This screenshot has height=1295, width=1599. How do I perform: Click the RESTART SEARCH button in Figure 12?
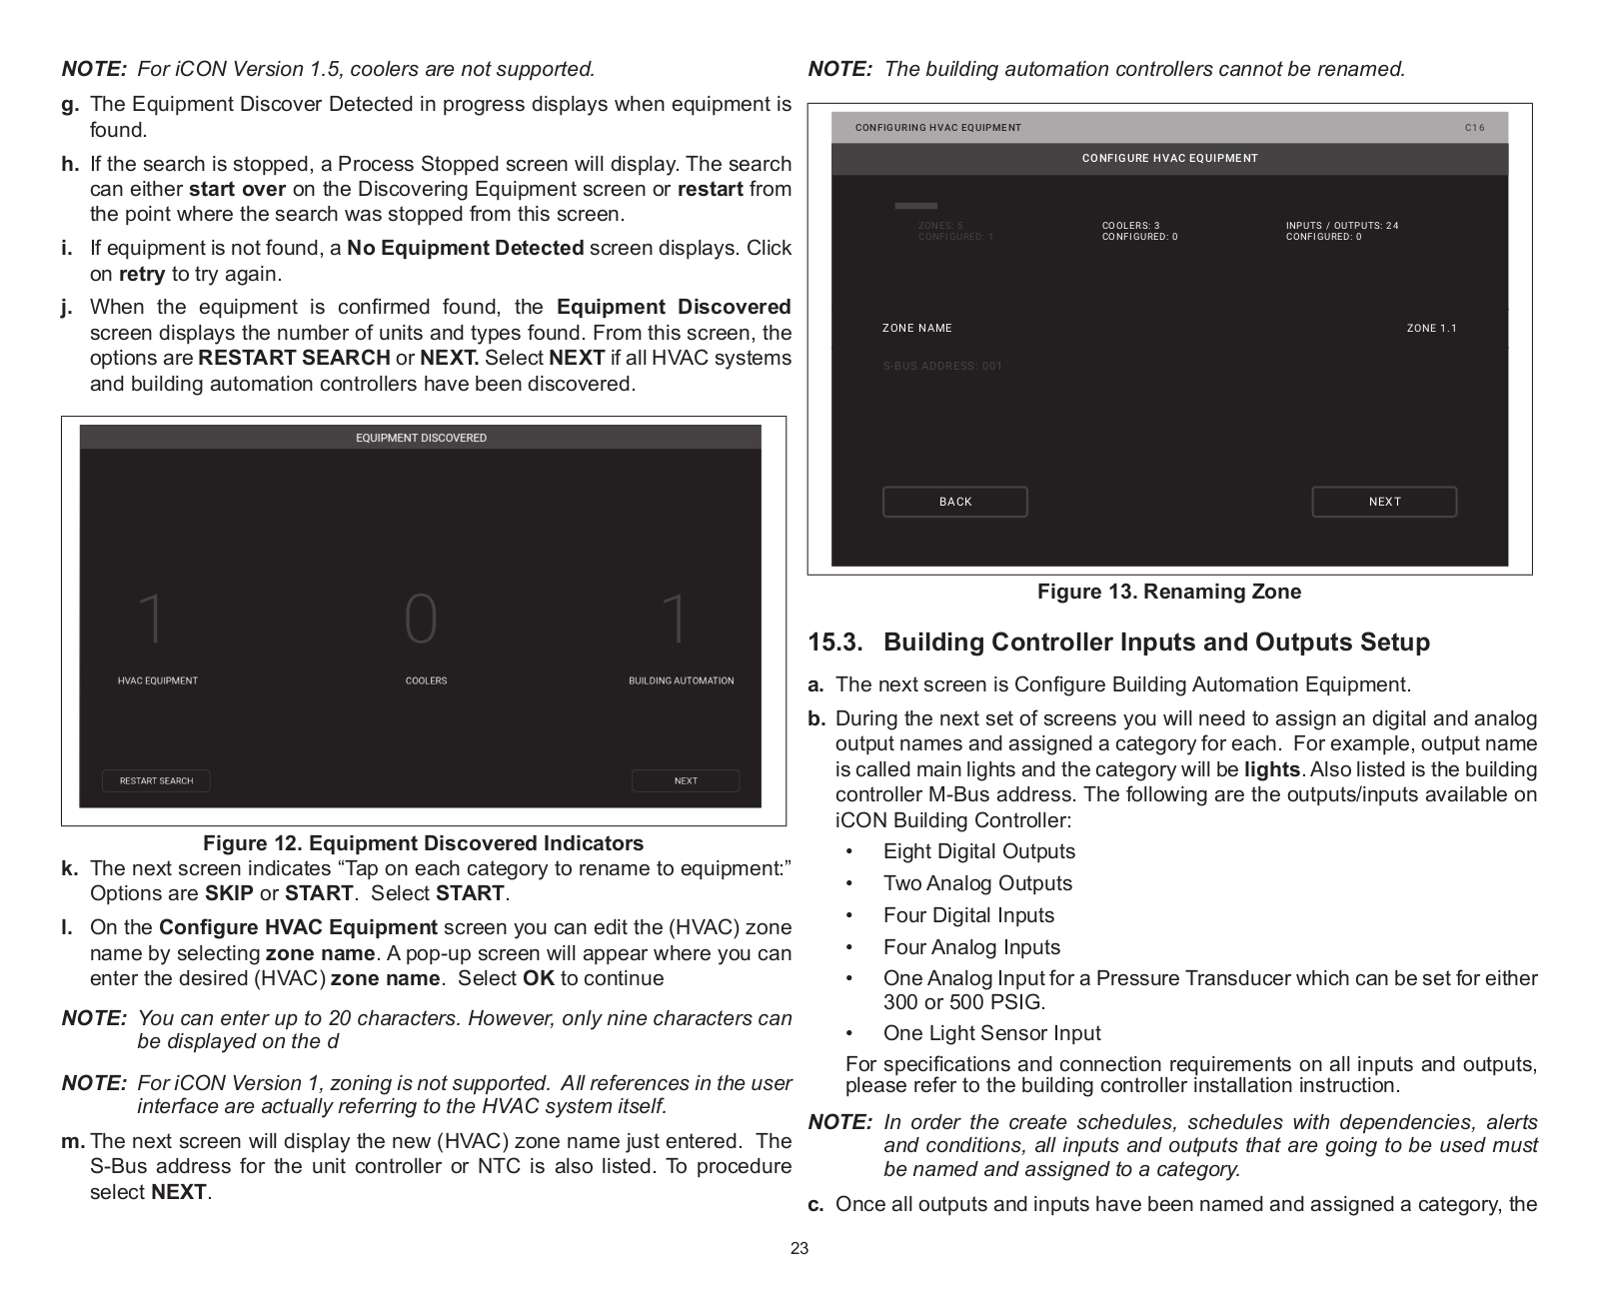point(156,780)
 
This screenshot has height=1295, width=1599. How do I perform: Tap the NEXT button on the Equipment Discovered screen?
point(686,780)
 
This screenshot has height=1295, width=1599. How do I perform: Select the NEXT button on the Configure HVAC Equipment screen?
point(1384,502)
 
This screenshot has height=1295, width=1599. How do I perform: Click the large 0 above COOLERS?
point(421,620)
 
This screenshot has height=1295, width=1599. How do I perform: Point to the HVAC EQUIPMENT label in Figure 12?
point(158,680)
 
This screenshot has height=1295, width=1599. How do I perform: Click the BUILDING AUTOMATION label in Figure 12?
point(681,680)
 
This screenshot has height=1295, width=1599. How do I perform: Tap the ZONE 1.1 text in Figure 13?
point(1431,328)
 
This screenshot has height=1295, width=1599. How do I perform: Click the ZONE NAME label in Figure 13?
point(916,328)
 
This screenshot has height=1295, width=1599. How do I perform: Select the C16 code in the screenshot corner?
point(1474,128)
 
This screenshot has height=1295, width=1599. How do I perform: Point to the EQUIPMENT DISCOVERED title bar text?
point(421,438)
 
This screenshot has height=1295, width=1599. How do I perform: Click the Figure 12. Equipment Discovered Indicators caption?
point(424,843)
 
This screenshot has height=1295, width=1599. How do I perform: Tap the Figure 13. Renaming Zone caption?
point(1169,592)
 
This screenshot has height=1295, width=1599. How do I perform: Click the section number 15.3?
point(834,643)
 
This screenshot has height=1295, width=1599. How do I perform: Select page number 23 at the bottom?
point(799,1248)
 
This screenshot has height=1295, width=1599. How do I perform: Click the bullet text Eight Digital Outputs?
point(979,851)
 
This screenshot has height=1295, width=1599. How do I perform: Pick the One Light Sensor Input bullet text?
point(991,1033)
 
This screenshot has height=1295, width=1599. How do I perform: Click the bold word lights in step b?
point(1272,769)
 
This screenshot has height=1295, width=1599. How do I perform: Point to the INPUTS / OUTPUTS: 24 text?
point(1342,226)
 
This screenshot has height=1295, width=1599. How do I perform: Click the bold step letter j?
point(67,307)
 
